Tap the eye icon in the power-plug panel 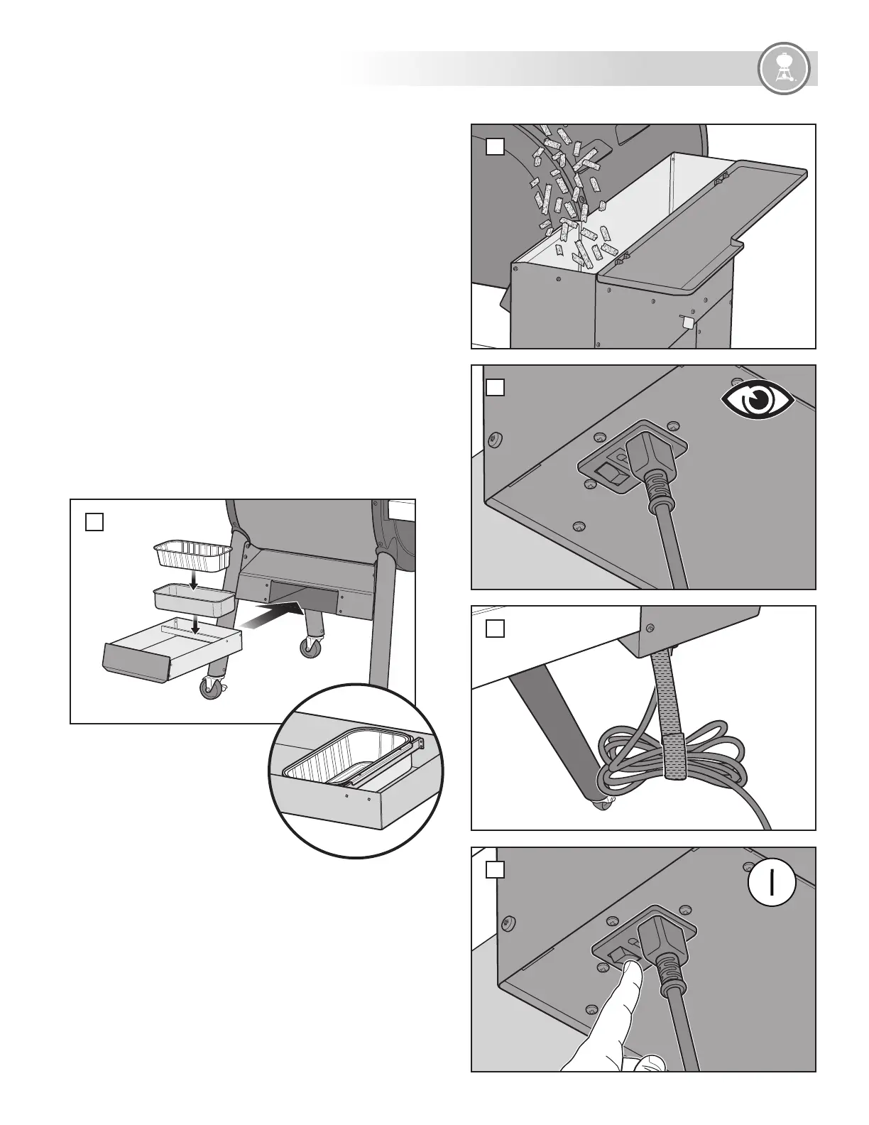tap(757, 402)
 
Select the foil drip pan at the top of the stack tap(192, 554)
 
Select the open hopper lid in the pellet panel tap(703, 220)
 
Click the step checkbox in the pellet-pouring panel tap(495, 147)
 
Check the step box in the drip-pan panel tap(94, 522)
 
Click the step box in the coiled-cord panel tap(495, 629)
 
